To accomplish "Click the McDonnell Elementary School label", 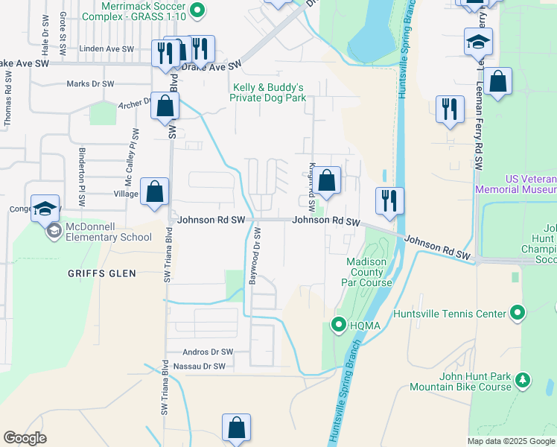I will click(108, 232).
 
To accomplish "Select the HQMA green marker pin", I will click(339, 324).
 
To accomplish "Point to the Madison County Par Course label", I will click(366, 272).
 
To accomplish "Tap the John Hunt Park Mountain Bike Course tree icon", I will click(523, 381).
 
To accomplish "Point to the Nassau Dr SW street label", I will click(199, 367).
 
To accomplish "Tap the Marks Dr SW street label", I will click(91, 84).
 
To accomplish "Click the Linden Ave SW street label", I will click(106, 49).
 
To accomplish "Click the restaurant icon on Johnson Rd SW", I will click(389, 200).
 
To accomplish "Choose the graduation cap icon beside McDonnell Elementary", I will click(45, 208).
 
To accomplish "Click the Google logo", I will click(25, 438).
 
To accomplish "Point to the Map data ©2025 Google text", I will click(511, 441).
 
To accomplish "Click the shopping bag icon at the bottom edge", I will click(236, 428).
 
